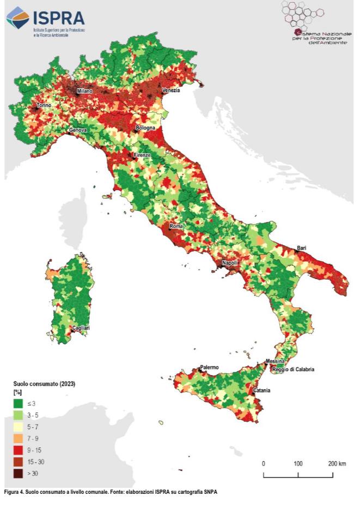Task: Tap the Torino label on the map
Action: point(44,105)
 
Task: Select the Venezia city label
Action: point(170,90)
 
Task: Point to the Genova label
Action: point(77,131)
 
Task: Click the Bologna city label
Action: point(145,128)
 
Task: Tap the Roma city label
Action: point(176,226)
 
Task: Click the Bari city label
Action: point(301,248)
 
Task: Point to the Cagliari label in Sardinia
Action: point(81,328)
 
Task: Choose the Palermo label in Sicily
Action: point(209,367)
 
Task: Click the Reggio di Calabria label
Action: point(293,370)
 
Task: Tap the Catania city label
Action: point(261,390)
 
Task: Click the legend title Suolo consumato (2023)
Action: point(44,384)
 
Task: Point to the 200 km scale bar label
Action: point(337,463)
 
